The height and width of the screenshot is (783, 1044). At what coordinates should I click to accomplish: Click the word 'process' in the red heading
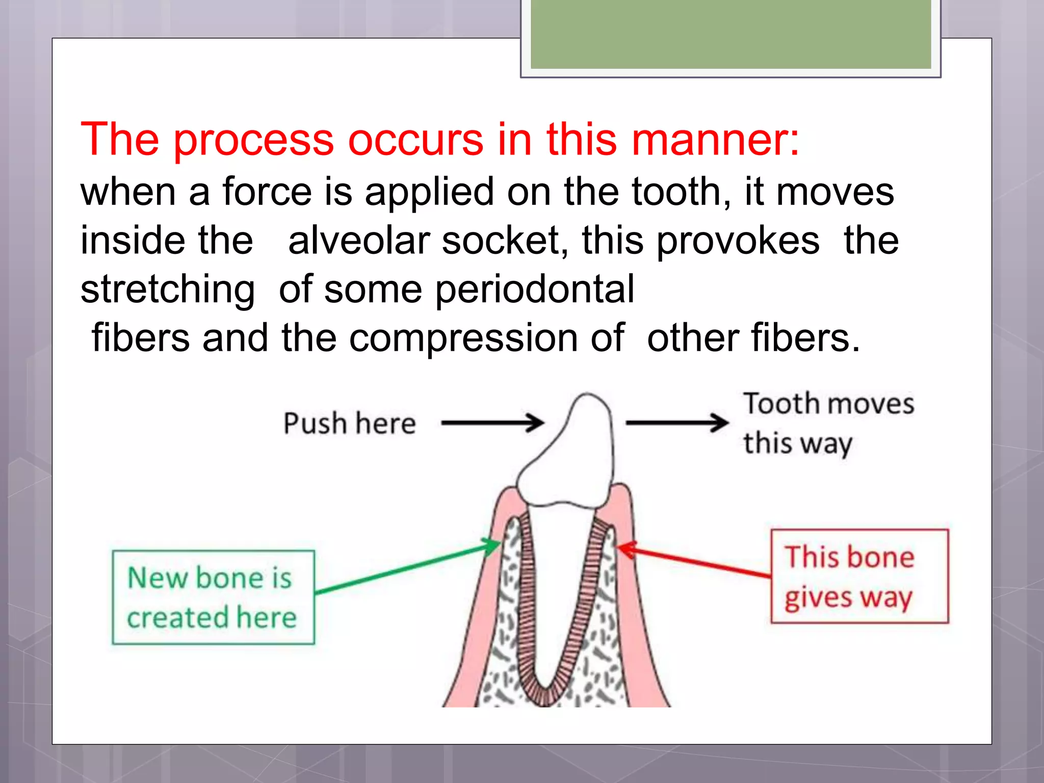(253, 140)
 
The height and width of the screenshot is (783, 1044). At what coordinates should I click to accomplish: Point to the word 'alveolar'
(359, 241)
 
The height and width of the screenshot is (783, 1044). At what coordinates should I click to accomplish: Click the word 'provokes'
(738, 241)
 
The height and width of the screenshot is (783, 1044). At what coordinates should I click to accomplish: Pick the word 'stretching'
(168, 290)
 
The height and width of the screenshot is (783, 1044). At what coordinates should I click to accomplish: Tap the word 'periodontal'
(535, 290)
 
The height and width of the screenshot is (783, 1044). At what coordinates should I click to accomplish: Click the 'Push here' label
(350, 424)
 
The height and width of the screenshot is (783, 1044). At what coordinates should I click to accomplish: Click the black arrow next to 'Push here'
(492, 423)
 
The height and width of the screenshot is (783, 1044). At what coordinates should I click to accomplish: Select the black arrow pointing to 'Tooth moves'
(676, 423)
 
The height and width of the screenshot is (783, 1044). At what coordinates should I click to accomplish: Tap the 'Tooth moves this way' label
(827, 423)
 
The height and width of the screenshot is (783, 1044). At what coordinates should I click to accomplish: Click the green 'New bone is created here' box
(213, 597)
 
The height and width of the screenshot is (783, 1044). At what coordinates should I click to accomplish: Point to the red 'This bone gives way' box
(859, 576)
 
